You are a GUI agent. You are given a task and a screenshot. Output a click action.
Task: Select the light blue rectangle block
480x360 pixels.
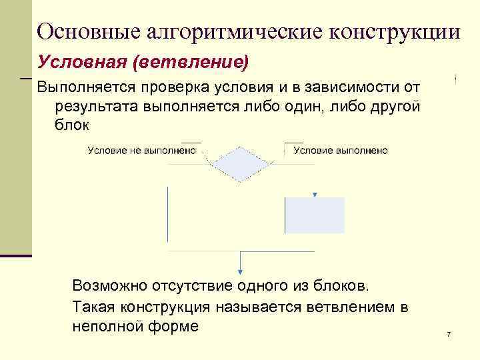click(x=315, y=215)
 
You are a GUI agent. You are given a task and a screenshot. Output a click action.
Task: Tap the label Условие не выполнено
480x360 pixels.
click(x=142, y=151)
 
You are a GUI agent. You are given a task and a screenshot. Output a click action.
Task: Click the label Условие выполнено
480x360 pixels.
click(x=341, y=151)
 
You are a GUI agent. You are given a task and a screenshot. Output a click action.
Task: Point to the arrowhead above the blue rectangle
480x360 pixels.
click(x=315, y=195)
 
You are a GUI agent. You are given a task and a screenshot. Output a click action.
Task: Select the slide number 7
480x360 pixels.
click(x=449, y=333)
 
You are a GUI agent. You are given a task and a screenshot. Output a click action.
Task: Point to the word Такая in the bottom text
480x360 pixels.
click(x=91, y=307)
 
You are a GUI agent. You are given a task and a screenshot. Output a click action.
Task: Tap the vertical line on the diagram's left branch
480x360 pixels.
click(x=167, y=213)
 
